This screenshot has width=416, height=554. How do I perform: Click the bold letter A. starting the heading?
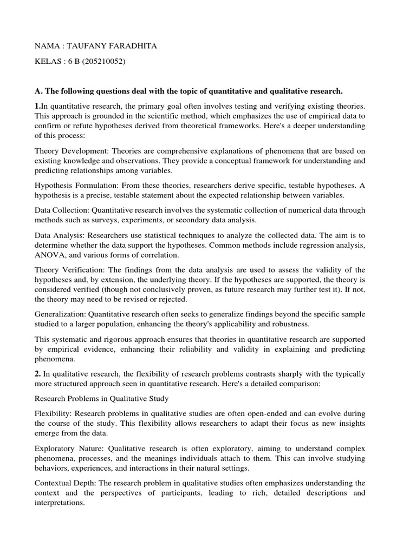[38, 90]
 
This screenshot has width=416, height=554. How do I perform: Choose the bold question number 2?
[37, 374]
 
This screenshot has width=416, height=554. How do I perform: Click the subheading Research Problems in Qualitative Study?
[101, 399]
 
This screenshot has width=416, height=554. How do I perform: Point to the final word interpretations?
[58, 503]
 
